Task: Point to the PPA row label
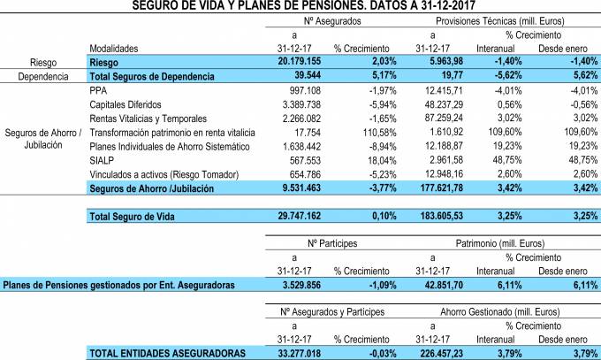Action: pos(99,91)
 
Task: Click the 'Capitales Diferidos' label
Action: pos(126,104)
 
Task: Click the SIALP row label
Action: pos(103,159)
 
